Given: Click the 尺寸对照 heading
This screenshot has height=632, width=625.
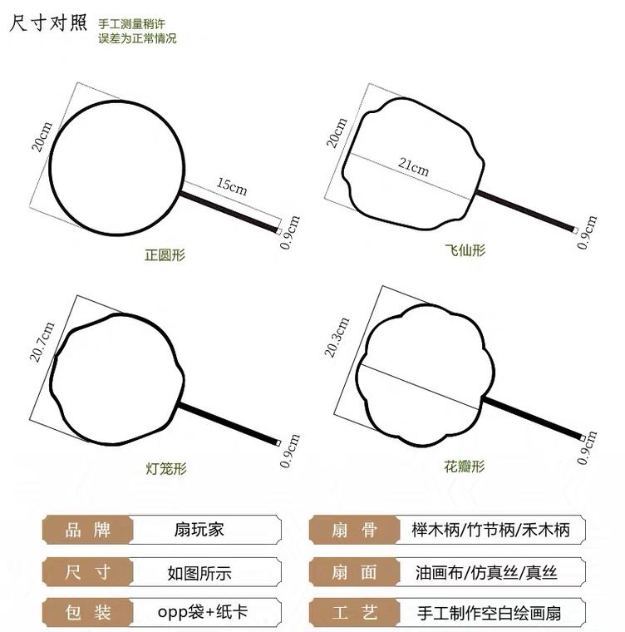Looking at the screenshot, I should tap(47, 22).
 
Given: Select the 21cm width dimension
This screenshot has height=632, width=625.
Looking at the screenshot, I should tap(414, 167).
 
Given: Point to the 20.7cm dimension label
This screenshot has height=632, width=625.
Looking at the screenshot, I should tap(39, 342).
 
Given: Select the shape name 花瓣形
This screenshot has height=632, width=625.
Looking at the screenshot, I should tap(464, 466).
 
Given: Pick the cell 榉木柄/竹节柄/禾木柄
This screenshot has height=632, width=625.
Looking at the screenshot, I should tap(490, 530).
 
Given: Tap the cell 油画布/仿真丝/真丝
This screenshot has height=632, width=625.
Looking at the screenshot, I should tap(485, 572).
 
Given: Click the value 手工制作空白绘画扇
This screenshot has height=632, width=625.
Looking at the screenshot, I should tap(490, 614).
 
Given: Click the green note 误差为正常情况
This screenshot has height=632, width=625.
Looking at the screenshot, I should tap(137, 38).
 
